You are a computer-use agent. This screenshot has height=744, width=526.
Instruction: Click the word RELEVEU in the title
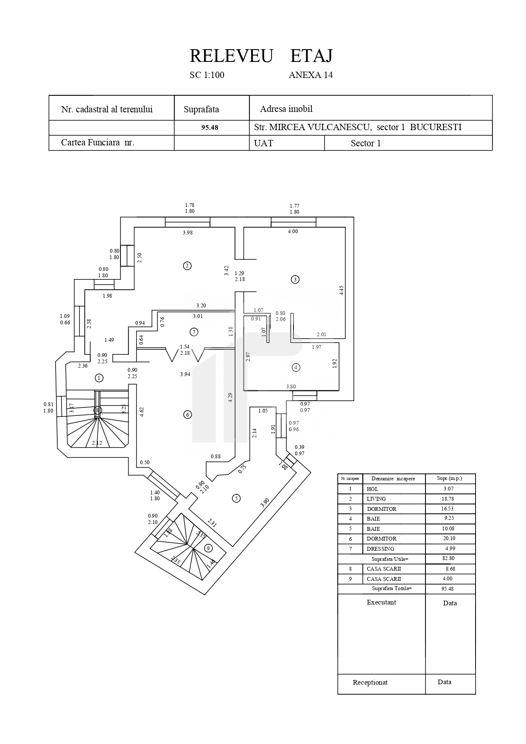pos(231,56)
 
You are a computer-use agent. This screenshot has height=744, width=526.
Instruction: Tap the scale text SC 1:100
pos(207,75)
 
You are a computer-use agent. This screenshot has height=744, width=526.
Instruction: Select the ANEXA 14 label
pos(311,75)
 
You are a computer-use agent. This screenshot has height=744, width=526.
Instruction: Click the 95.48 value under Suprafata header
pos(210,127)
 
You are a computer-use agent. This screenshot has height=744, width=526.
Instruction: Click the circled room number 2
pos(187,266)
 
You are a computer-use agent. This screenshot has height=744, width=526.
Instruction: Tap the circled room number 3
pos(295,279)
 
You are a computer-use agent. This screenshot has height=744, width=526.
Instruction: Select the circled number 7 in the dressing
pos(194,332)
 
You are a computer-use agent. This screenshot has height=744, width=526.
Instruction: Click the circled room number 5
pos(236,498)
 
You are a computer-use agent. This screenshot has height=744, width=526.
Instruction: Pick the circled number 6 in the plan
pos(187,415)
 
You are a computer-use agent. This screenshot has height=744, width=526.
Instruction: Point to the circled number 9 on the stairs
pos(208,548)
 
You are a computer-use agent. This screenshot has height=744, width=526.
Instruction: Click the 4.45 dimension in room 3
pos(341,290)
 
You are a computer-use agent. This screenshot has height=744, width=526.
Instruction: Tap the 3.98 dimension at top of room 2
pos(187,233)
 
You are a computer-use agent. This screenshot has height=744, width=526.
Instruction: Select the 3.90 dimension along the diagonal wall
pos(265,503)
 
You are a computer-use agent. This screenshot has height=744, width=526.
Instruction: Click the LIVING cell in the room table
pos(376,499)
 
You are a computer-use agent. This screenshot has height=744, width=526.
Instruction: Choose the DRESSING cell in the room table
pos(381,549)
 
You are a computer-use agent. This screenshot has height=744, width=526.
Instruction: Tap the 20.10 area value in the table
pos(450,538)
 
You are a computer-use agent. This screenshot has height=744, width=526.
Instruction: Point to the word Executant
pos(381,602)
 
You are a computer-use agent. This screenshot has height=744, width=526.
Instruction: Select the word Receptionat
pos(370,683)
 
